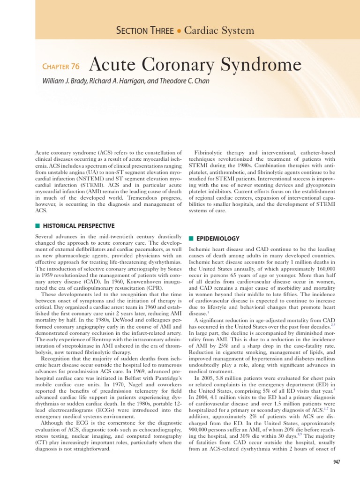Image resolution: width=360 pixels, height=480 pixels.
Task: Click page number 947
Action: pos(335,462)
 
